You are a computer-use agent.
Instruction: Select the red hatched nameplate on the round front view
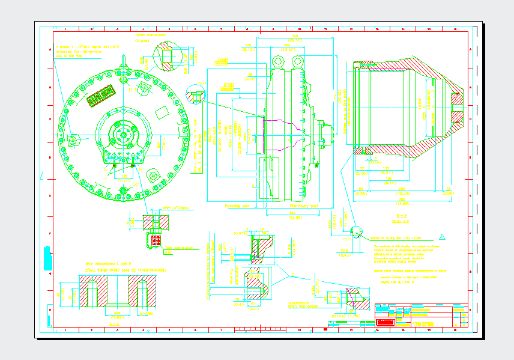101,96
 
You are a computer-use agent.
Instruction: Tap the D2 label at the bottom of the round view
135,185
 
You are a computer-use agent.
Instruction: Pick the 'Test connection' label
178,247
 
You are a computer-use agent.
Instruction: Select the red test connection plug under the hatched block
156,239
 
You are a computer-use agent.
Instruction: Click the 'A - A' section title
114,323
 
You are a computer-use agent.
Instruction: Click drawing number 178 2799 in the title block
423,325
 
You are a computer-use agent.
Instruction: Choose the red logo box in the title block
385,323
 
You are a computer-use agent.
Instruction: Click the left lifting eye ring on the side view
277,61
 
